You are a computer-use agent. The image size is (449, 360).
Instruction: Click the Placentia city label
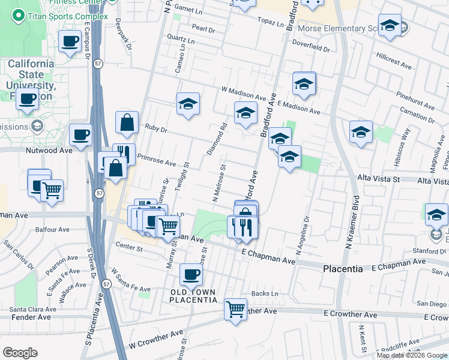(343, 269)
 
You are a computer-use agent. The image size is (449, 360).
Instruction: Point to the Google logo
(20, 353)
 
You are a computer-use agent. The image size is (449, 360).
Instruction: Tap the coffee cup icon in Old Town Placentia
(191, 275)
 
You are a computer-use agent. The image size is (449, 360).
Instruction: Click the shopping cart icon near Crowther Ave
(235, 309)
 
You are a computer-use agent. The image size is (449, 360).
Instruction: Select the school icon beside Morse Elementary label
(390, 25)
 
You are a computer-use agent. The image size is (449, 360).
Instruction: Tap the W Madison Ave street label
(243, 94)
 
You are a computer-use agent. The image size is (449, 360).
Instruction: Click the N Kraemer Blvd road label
(351, 222)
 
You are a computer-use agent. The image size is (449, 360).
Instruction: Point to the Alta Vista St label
(378, 179)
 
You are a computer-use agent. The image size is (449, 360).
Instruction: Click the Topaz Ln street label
(271, 23)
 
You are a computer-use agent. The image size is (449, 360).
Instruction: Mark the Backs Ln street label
(265, 293)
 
